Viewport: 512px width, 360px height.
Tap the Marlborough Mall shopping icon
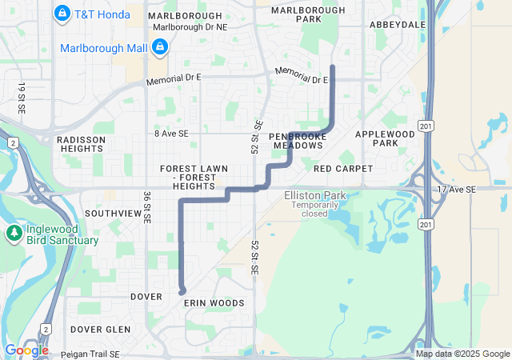(159, 48)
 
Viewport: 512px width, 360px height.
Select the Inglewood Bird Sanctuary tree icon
(14, 234)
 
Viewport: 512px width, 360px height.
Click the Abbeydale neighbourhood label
(397, 25)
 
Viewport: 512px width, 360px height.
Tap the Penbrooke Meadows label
(298, 140)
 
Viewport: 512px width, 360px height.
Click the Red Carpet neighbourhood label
(343, 169)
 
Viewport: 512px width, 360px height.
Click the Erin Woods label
(214, 303)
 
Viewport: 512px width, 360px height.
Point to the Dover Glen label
(100, 329)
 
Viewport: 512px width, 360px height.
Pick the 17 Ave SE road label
(456, 189)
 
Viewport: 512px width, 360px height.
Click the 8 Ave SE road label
(172, 134)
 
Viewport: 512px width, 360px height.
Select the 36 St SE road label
(147, 207)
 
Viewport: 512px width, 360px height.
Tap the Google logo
(26, 350)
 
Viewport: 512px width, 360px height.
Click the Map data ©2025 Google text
(462, 354)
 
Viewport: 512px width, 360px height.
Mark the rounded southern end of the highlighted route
(182, 291)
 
